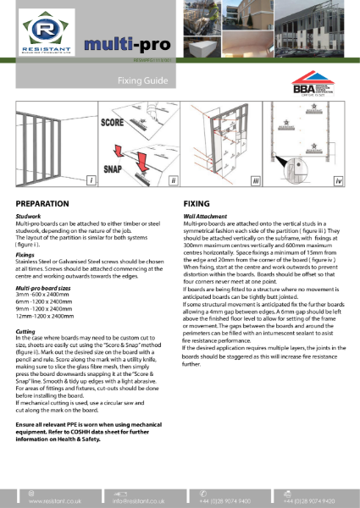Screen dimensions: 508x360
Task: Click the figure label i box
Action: click(90, 181)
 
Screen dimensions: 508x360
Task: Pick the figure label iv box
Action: click(338, 181)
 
